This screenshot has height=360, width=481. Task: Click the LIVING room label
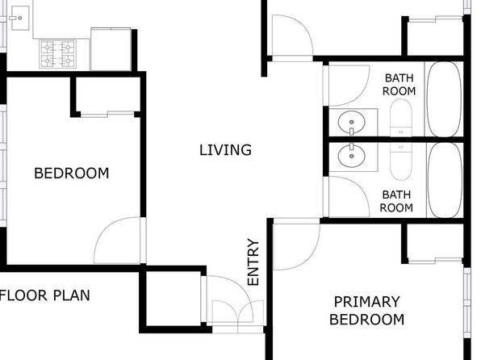tap(225, 150)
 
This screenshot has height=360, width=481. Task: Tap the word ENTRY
tap(253, 262)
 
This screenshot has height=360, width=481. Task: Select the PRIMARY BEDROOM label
tap(366, 311)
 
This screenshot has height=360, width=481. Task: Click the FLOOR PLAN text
tap(44, 295)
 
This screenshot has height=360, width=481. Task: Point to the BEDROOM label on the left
tap(72, 174)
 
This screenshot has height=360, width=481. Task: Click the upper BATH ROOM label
tap(399, 85)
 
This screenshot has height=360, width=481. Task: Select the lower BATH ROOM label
tap(396, 201)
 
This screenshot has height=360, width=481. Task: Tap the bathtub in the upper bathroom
tap(445, 99)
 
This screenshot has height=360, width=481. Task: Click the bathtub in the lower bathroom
tap(445, 180)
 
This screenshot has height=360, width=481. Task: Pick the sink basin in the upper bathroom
tap(352, 122)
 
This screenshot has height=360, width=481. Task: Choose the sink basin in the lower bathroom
tap(352, 156)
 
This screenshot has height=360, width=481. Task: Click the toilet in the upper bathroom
tap(401, 118)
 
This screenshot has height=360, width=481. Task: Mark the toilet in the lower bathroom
tap(401, 161)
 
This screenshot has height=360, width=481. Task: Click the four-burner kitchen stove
tap(57, 54)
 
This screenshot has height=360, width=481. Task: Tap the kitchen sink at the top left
tap(20, 18)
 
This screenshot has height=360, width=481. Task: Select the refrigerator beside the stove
tap(111, 49)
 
